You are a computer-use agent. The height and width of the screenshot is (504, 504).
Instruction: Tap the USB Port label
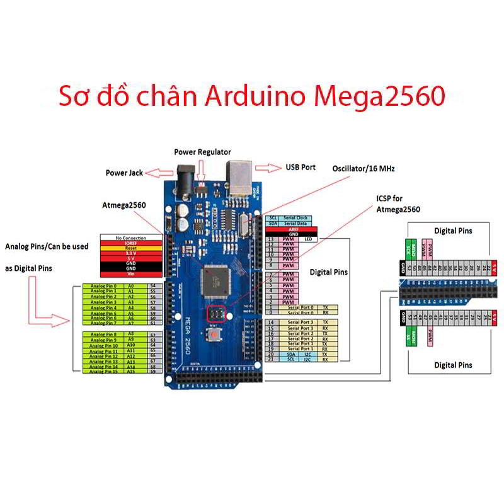pos(301,168)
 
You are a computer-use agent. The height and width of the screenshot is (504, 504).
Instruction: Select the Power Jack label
pos(124,173)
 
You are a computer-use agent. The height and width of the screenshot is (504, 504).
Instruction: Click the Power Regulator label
pos(202,152)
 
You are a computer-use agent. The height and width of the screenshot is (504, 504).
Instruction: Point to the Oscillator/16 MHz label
pos(364,168)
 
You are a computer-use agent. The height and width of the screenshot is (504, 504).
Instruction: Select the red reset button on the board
pos(216,334)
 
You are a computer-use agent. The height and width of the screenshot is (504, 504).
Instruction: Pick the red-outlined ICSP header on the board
pos(216,313)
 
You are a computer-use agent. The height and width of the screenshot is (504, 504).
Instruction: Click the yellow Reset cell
pos(131,248)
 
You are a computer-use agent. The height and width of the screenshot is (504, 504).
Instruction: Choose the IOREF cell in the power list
pos(131,243)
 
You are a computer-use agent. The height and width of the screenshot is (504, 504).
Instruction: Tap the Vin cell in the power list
pos(131,274)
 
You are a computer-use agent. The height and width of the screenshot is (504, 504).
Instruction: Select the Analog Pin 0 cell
pos(103,286)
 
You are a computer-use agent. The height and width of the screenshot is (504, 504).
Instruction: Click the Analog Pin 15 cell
pos(103,372)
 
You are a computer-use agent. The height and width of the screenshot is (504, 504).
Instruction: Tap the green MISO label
pos(413,248)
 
